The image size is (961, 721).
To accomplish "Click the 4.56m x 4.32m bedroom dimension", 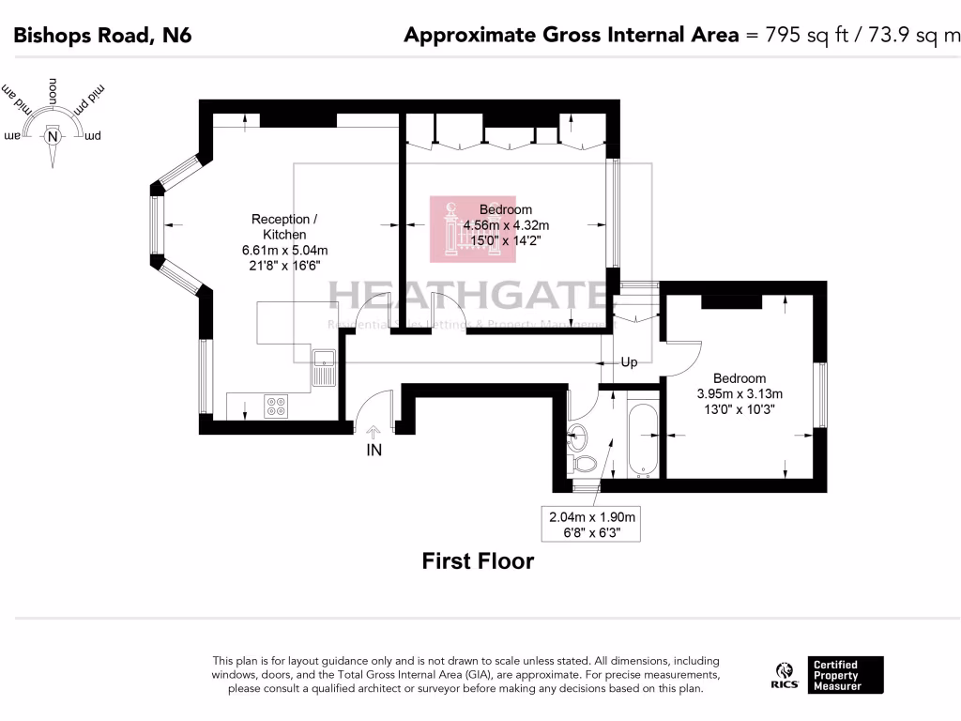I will pos(506,225).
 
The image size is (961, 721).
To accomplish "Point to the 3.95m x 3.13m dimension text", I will pos(739,394).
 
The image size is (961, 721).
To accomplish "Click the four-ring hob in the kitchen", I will pos(277,406).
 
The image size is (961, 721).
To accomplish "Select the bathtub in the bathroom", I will pos(643,439).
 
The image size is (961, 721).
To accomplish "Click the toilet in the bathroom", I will pos(585,463).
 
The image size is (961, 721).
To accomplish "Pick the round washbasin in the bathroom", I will pos(579,435).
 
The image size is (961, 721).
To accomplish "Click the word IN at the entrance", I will pos(374,450).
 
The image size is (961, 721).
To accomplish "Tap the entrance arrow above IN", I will pos(374,432).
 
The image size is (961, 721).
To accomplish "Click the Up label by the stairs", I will pos(629,362).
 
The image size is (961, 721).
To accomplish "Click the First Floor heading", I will pos(478,561).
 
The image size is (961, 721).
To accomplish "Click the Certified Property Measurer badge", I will pos(846,675).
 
